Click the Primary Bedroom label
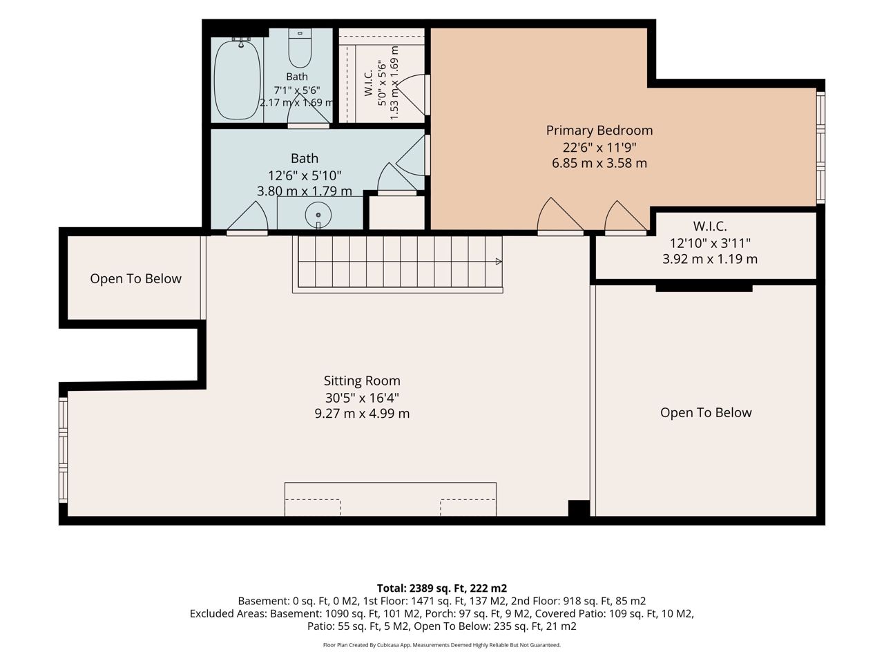pos(599,131)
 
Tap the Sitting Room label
pos(362,381)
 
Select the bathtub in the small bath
pos(237,79)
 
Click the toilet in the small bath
pos(300,48)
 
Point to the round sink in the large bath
pos(318,215)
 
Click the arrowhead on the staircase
pos(499,262)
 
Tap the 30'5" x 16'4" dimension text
pos(362,398)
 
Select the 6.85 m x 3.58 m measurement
pos(599,164)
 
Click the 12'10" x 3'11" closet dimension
pos(710,243)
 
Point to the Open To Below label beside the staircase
pos(136,278)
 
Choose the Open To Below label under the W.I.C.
pos(706,412)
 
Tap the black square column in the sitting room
pos(579,508)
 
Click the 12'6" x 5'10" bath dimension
pos(305,176)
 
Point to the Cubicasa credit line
pos(442,645)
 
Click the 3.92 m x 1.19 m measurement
pos(710,259)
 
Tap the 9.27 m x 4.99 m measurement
pos(362,414)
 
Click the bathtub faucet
pos(241,42)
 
